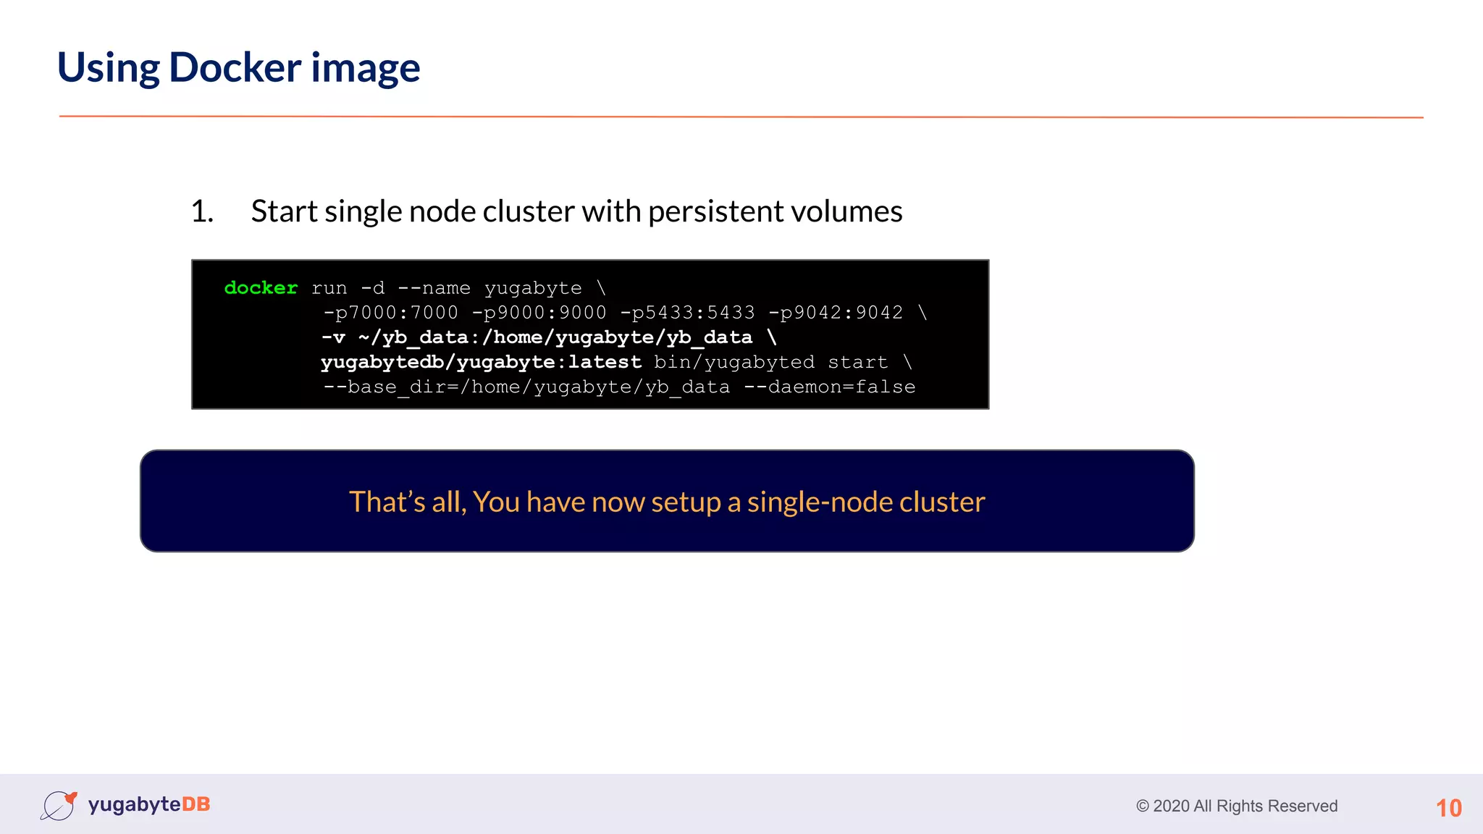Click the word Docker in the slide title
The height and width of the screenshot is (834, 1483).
tap(235, 68)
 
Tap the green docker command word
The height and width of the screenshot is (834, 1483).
tap(261, 288)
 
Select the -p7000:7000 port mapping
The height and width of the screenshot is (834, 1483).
tap(390, 313)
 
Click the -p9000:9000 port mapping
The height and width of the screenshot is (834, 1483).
tap(539, 313)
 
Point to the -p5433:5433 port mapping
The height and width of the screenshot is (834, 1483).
tap(687, 313)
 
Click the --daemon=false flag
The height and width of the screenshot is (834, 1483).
tap(829, 387)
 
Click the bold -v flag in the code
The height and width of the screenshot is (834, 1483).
tap(333, 337)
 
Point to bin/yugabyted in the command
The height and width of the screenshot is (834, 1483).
tap(734, 362)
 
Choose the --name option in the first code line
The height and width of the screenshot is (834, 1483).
tap(434, 288)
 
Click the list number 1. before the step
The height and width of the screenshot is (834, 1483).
tap(202, 211)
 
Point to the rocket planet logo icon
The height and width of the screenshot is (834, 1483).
tap(59, 805)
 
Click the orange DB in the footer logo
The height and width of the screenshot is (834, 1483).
tap(196, 804)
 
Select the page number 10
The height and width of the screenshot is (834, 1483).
tap(1448, 808)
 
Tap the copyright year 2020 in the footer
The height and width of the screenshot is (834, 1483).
tap(1170, 806)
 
